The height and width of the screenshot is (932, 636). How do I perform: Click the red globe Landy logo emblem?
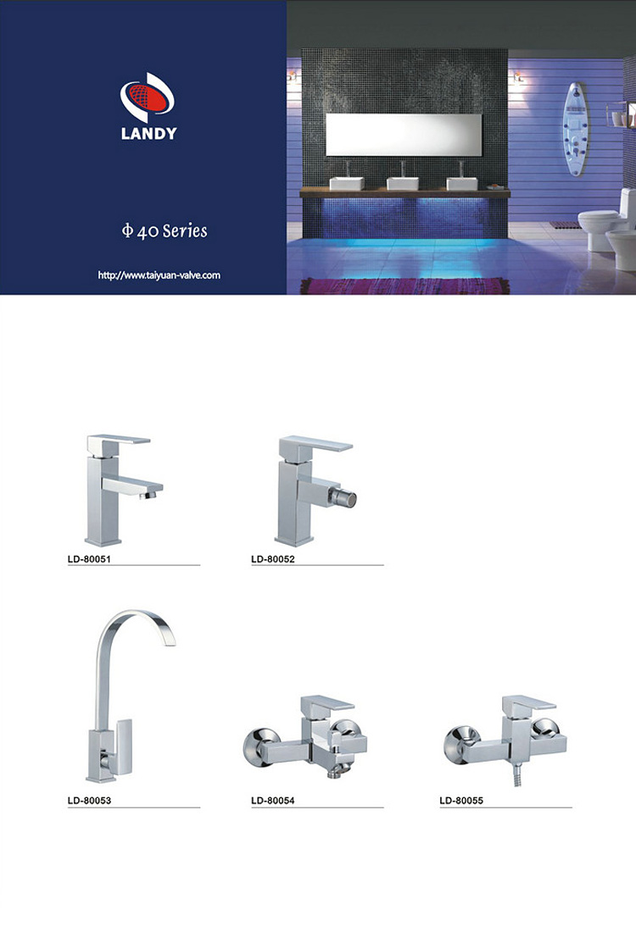[x=148, y=97]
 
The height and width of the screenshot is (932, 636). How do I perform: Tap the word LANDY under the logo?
[x=148, y=133]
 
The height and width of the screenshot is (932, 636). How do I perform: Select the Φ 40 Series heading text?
[x=165, y=230]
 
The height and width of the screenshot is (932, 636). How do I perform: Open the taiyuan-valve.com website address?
[x=159, y=275]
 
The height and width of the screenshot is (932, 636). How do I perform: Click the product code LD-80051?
[x=89, y=558]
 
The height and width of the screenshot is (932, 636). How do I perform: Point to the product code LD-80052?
[x=273, y=558]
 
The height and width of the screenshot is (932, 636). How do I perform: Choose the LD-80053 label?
[x=89, y=800]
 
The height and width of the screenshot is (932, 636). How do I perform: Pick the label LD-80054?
[x=273, y=800]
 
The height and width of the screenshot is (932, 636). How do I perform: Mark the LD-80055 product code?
[x=461, y=800]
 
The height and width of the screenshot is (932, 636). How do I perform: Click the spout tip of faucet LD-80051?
[x=151, y=492]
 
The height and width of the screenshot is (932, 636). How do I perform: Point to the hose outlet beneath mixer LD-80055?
[x=517, y=775]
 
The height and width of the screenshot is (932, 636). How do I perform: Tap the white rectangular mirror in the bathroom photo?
[x=404, y=136]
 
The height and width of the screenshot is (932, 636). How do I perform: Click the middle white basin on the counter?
[x=403, y=183]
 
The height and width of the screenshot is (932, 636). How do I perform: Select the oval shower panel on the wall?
[x=575, y=130]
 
